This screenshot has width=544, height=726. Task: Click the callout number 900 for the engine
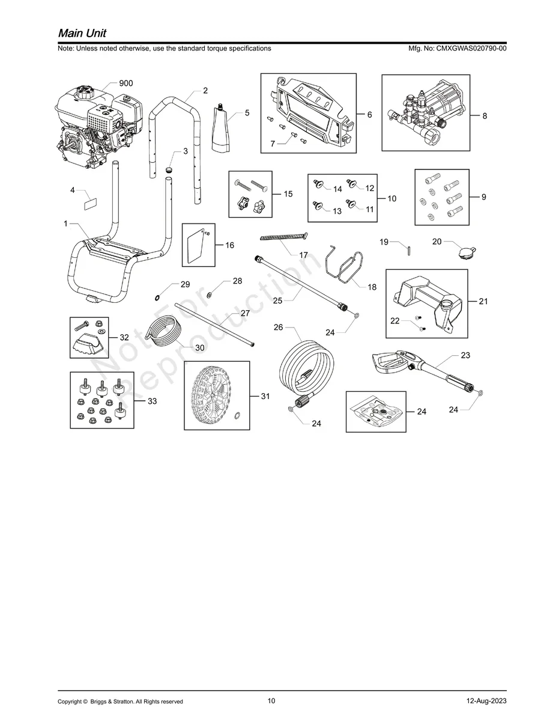125,84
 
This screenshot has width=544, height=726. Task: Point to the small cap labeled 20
464,253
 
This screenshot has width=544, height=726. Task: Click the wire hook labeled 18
343,266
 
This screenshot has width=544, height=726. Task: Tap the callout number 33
153,401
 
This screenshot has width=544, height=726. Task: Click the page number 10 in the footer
271,701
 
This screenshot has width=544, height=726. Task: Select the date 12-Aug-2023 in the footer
486,701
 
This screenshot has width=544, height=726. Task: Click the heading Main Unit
82,32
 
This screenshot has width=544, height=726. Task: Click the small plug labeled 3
169,171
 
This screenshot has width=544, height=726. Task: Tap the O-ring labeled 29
157,297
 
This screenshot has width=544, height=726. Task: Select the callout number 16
230,245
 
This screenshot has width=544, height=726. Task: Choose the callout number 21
483,302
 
